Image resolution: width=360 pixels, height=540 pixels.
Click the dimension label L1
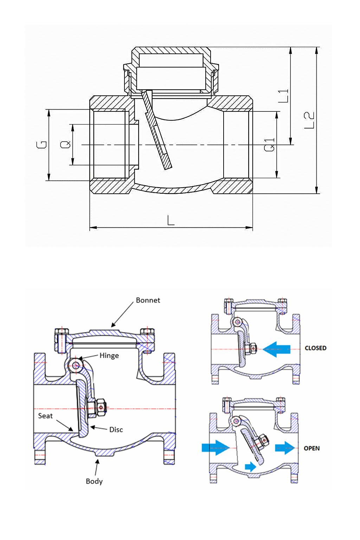(284, 96)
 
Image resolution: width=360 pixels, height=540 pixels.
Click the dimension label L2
(309, 120)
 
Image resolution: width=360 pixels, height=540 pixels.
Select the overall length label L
(171, 220)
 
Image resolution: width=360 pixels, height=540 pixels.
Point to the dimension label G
(42, 144)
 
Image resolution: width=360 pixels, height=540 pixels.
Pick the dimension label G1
(270, 145)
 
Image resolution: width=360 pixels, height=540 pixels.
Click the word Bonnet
(148, 300)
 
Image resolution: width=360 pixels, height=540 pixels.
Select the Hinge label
(109, 355)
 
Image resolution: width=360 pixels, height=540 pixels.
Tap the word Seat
(45, 416)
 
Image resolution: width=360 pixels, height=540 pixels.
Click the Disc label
(116, 430)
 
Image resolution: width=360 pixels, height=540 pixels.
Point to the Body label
(94, 481)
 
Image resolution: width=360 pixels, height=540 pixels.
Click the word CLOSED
(315, 348)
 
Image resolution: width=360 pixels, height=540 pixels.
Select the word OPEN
(311, 448)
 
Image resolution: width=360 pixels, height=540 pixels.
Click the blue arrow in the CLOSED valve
(276, 349)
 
